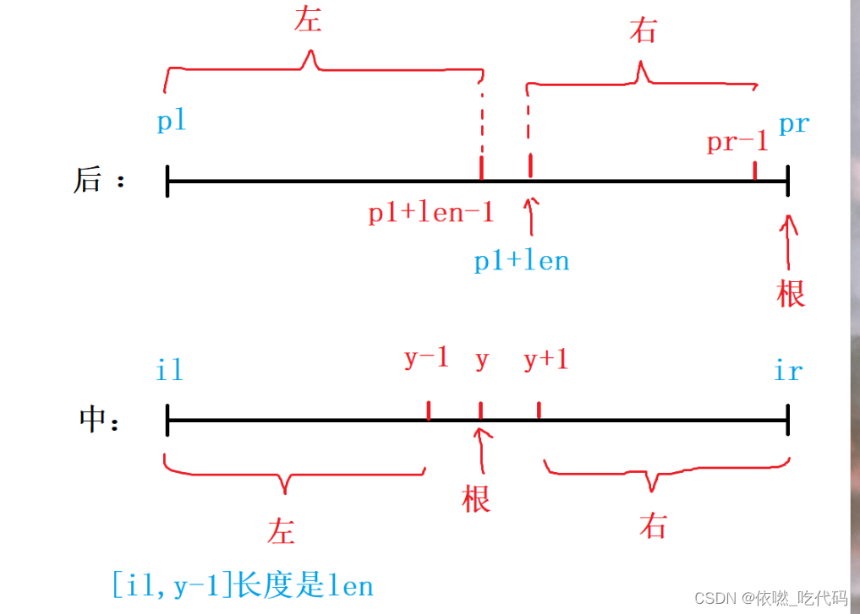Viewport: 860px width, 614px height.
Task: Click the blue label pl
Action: [171, 121]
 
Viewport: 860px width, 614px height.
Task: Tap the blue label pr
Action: [793, 125]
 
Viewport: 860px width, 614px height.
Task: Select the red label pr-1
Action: [737, 142]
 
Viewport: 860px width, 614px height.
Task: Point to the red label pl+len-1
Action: [430, 213]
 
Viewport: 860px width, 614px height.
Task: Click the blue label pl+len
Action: [521, 260]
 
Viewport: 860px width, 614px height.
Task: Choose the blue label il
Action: [169, 369]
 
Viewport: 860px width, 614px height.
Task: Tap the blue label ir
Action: [788, 371]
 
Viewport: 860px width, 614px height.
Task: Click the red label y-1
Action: [426, 359]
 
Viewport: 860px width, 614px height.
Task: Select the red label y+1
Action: [545, 361]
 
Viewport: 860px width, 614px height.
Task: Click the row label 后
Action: [88, 181]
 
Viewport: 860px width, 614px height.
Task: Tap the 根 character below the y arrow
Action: [477, 497]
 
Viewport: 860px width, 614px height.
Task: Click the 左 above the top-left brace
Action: [308, 20]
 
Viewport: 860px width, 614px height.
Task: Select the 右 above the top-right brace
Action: [644, 31]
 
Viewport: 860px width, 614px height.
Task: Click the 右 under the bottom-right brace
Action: [653, 526]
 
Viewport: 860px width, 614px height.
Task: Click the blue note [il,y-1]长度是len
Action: [243, 584]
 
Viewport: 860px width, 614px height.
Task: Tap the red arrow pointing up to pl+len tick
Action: [530, 215]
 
